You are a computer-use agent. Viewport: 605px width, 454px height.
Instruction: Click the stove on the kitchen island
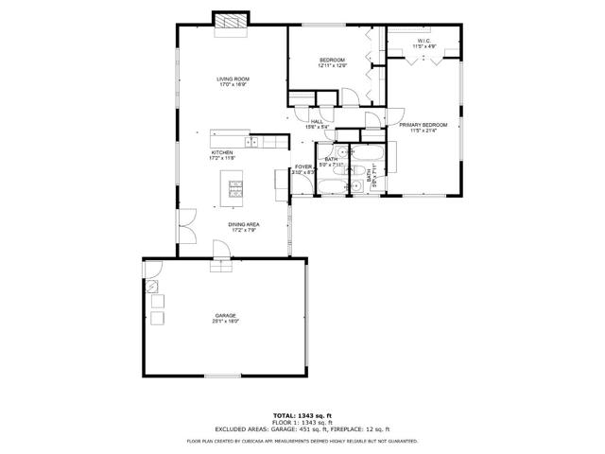(x=234, y=189)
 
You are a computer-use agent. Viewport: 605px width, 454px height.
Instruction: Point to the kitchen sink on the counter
(x=252, y=142)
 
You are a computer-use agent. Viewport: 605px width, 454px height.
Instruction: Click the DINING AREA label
(x=243, y=223)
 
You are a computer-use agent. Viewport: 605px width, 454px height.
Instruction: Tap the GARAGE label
(x=225, y=315)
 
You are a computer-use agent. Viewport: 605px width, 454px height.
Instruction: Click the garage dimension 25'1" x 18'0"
(x=225, y=322)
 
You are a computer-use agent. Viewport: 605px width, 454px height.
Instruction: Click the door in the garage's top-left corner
(x=151, y=272)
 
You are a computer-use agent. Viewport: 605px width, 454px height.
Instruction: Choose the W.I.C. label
(x=424, y=41)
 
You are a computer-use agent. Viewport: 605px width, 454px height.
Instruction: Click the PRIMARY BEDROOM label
(x=423, y=125)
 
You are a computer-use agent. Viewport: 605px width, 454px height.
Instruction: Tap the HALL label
(x=317, y=121)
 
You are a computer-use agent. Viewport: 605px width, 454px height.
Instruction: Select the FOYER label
(x=302, y=166)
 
